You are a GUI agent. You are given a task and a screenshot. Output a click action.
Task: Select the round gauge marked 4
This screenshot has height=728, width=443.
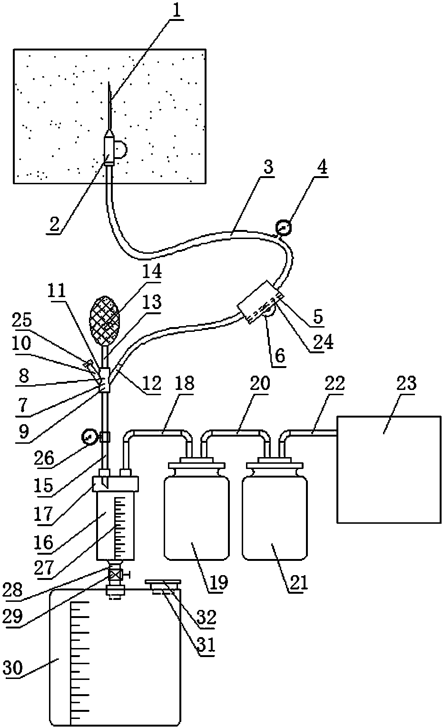tap(284, 228)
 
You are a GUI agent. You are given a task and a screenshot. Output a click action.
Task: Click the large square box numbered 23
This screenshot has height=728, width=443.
tap(389, 469)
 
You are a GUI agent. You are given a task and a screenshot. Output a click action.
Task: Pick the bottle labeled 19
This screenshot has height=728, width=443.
tap(197, 517)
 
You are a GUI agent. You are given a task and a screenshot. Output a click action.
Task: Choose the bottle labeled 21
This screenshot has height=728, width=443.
tap(275, 517)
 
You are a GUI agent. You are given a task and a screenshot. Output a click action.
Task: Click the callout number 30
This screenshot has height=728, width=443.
tap(13, 668)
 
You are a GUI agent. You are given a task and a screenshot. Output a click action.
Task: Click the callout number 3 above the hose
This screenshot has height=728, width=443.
tap(268, 168)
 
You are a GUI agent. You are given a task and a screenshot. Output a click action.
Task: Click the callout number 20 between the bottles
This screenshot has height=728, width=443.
tap(260, 384)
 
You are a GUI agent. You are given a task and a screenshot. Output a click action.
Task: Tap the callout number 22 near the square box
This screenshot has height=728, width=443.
tap(334, 384)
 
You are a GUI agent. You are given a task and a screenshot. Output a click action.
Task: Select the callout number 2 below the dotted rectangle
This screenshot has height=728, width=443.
tap(55, 225)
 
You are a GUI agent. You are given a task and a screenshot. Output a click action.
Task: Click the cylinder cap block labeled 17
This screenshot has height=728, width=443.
tap(115, 484)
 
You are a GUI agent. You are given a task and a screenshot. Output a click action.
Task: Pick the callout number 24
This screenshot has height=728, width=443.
tap(323, 341)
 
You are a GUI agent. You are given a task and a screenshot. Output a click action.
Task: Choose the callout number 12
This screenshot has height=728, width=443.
tap(152, 383)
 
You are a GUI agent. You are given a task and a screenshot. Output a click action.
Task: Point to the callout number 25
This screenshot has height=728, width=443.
tap(22, 320)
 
